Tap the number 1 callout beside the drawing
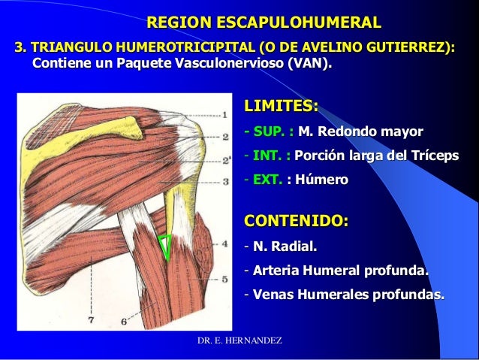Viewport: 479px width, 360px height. [226, 116]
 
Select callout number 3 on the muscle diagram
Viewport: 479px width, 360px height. [226, 158]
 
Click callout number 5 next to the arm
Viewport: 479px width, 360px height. [226, 278]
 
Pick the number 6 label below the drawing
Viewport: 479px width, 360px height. [123, 321]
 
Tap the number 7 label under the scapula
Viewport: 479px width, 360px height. [92, 319]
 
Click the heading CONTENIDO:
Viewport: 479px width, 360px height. [297, 222]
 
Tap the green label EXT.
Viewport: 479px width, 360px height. [266, 180]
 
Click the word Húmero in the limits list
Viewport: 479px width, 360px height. [323, 180]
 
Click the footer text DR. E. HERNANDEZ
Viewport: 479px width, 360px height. [239, 342]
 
